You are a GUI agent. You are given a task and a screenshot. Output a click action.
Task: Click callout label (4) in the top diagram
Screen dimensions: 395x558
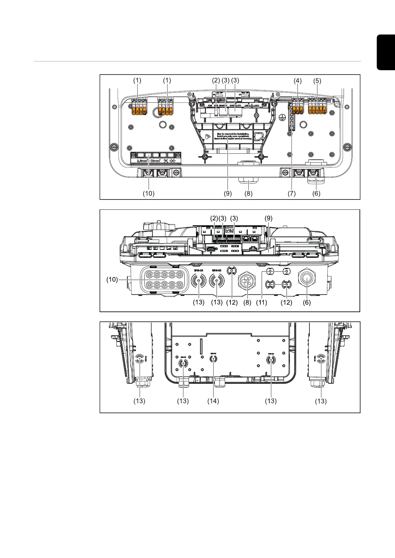click(x=297, y=81)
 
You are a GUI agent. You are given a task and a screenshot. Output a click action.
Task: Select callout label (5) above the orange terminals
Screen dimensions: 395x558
click(x=317, y=81)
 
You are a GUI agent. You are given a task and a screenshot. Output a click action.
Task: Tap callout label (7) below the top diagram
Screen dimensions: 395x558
click(x=292, y=194)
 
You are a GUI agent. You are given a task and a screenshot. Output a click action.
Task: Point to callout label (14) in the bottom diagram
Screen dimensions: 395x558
click(x=213, y=401)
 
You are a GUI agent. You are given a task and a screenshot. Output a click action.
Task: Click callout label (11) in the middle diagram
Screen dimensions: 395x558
click(x=261, y=302)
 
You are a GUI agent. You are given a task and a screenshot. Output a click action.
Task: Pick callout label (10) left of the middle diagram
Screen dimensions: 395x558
click(x=112, y=279)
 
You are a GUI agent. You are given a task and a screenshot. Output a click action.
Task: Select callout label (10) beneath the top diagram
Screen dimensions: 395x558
click(x=149, y=194)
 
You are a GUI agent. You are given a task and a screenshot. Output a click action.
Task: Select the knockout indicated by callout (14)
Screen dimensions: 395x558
click(x=214, y=359)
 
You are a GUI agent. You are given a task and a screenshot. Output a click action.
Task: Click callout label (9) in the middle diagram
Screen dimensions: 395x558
click(x=268, y=219)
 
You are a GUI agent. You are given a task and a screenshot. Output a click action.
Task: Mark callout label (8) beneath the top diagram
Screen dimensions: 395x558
click(x=248, y=194)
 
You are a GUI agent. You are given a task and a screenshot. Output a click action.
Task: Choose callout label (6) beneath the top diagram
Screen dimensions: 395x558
click(x=316, y=194)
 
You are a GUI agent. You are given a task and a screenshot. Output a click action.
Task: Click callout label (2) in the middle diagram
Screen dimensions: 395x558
click(x=214, y=219)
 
